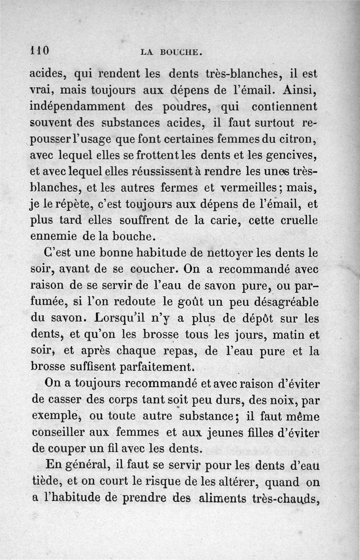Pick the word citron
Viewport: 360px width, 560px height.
[x=298, y=139]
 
